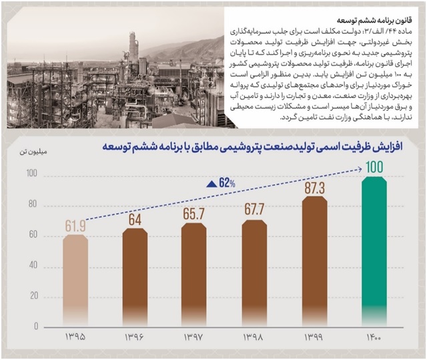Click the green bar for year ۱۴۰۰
click(374, 251)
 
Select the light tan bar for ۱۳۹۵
click(75, 280)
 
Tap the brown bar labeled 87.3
click(315, 261)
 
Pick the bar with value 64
click(135, 277)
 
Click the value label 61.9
click(75, 226)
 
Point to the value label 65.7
click(193, 214)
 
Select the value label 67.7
click(254, 210)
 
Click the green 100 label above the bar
click(374, 167)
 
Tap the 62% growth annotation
click(227, 183)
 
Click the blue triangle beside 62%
click(211, 184)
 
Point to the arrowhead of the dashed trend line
click(360, 169)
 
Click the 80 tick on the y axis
click(33, 204)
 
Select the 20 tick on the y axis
click(34, 296)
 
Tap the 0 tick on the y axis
click(36, 327)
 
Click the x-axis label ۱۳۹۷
click(193, 337)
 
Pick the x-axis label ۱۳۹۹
click(314, 337)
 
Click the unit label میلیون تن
click(33, 152)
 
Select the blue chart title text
click(252, 148)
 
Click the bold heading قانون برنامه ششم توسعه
click(374, 20)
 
